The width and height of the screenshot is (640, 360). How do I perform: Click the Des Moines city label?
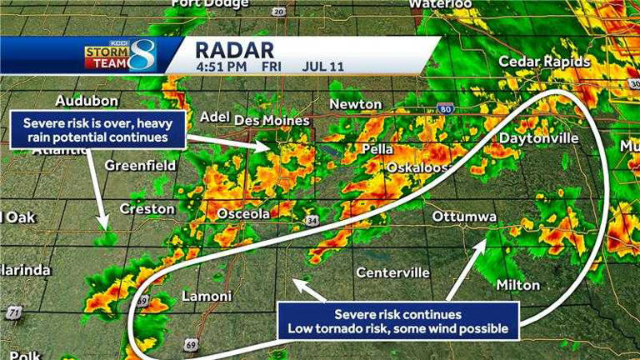pos(272,121)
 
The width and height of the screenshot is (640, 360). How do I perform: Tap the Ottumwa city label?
pos(464,217)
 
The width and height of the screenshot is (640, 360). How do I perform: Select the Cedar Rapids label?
pos(544,62)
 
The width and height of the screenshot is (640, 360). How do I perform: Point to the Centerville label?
pos(392,272)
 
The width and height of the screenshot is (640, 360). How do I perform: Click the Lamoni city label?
pos(206,296)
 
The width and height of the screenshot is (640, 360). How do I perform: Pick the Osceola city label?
pos(243,214)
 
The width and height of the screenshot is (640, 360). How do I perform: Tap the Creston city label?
pos(147,208)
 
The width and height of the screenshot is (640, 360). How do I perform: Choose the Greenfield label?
pos(140,166)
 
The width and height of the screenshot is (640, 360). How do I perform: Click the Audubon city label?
pos(87,101)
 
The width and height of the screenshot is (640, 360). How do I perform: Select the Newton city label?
pos(356,105)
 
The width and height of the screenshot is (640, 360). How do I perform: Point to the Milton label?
pos(517,285)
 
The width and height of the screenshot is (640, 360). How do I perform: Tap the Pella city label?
pos(377,149)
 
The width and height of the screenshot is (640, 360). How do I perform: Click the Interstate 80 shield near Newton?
pos(445,109)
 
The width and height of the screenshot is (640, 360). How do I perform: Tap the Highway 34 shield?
pos(312,221)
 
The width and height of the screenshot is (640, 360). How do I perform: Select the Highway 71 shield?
pos(13,313)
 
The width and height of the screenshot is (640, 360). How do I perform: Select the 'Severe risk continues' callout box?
pos(397,321)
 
